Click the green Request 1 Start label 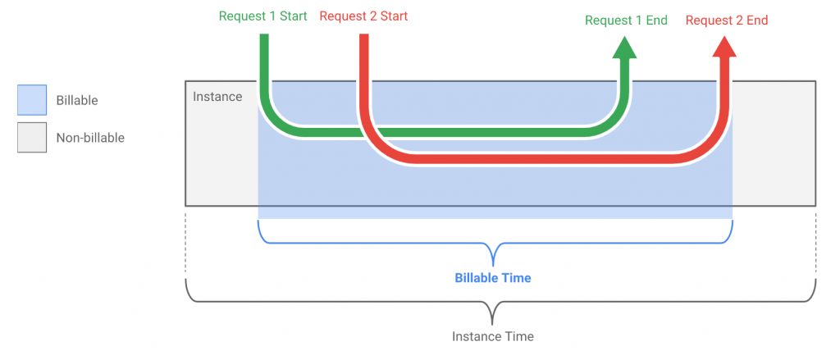(x=263, y=16)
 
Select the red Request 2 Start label (x=363, y=16)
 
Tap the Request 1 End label (x=626, y=21)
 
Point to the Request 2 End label (x=727, y=21)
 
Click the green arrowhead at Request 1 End (x=624, y=48)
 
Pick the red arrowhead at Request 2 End (x=724, y=48)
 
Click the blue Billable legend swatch (x=32, y=100)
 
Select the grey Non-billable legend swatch (x=32, y=138)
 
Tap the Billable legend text (x=77, y=100)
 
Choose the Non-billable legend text (x=90, y=138)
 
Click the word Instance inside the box (x=217, y=97)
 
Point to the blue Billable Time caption (x=493, y=279)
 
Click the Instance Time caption (x=493, y=336)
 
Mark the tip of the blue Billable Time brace (x=493, y=266)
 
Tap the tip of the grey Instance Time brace (x=492, y=324)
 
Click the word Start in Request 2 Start (x=394, y=16)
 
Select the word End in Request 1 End (x=656, y=21)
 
